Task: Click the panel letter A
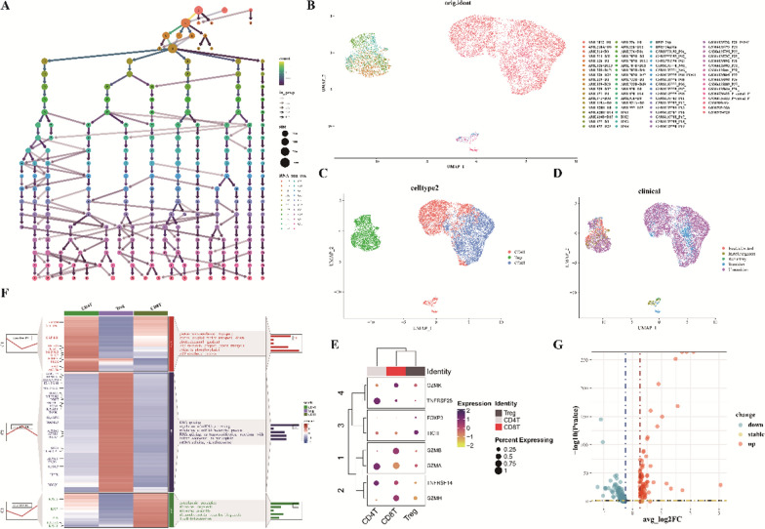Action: point(8,8)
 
